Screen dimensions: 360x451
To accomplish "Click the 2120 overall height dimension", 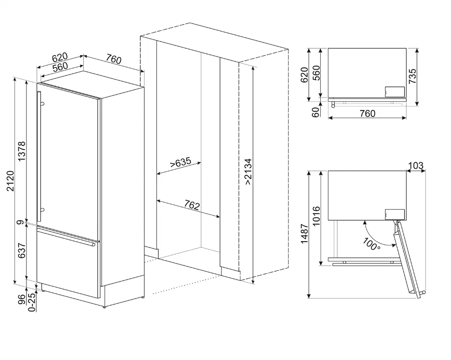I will [10, 180].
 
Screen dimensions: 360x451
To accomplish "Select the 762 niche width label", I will [192, 205].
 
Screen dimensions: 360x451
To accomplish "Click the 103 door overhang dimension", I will [416, 165].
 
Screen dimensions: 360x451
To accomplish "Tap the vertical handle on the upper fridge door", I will [39, 156].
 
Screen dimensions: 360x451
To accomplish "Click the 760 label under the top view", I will [367, 114].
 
